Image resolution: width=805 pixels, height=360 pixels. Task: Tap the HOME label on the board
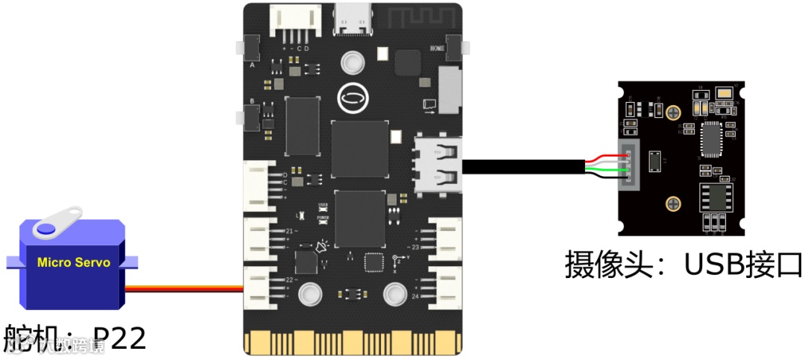(x=437, y=48)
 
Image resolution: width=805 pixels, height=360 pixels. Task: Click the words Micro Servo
(x=74, y=262)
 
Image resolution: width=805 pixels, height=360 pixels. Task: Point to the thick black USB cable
(x=522, y=168)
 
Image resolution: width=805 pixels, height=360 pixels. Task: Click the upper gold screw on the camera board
(x=674, y=112)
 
